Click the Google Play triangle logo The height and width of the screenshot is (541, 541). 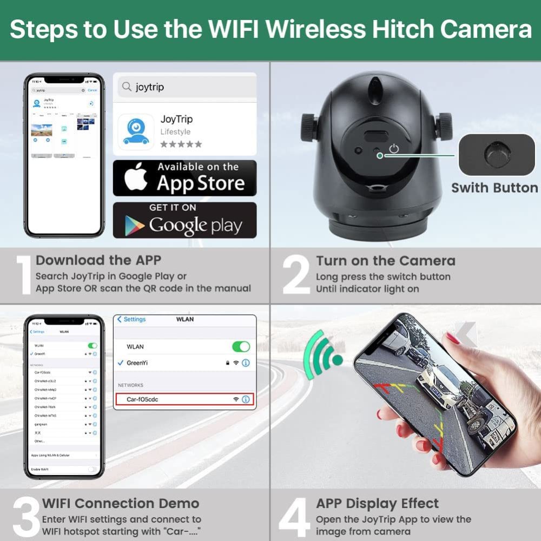pos(134,224)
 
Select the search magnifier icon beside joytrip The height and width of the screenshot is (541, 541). pos(127,87)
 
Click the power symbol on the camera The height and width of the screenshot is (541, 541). pos(394,148)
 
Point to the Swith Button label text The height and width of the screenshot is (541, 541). pos(494,188)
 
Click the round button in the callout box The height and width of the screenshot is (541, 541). pos(496,154)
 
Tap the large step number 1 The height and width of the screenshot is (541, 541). pos(23,275)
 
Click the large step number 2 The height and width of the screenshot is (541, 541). pos(296,275)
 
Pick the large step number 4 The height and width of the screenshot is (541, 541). pos(295,517)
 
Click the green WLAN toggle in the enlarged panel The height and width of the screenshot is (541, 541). pos(241,347)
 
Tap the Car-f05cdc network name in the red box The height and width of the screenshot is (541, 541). pos(142,399)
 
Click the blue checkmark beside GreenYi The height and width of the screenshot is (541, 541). pos(120,363)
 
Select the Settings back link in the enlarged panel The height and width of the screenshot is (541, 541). pos(131,319)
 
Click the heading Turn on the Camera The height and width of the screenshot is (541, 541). pos(385,261)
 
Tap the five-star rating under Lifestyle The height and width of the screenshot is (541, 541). pos(181,144)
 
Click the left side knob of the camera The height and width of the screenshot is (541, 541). pos(309,124)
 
